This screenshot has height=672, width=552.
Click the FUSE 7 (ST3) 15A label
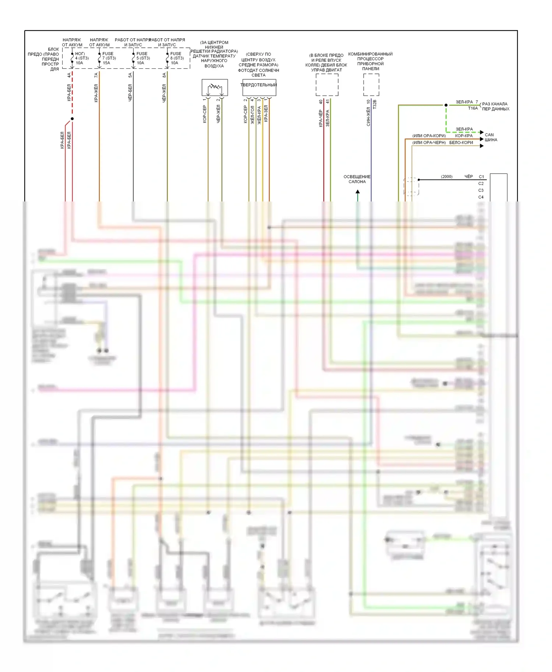click(x=109, y=58)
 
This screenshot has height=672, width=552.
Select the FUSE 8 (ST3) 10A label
click(x=177, y=58)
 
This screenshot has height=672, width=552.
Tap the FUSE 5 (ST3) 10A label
click(x=143, y=58)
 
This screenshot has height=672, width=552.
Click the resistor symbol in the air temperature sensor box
click(x=215, y=87)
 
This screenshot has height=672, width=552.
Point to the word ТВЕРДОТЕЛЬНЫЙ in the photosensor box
click(x=259, y=85)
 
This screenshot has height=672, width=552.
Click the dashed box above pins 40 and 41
click(x=327, y=85)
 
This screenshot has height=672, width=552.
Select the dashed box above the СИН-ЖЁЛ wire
click(x=371, y=85)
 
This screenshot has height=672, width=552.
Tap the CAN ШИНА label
click(x=491, y=137)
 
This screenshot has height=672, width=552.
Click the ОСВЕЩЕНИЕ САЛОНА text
click(x=357, y=179)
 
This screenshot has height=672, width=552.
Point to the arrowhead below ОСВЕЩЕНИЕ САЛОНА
click(x=357, y=192)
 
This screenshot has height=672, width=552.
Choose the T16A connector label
click(x=473, y=108)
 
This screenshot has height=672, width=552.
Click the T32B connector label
click(x=375, y=104)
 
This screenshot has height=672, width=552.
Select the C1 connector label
click(x=481, y=177)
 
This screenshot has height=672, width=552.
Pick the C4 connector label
click(x=481, y=197)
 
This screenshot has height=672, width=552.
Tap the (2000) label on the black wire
click(x=446, y=177)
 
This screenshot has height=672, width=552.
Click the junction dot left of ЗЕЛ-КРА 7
click(x=446, y=105)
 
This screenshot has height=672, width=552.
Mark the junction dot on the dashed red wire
click(x=72, y=119)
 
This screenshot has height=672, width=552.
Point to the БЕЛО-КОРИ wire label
click(x=461, y=143)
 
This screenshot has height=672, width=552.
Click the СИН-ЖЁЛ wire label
click(x=368, y=117)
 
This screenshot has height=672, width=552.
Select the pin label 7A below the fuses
click(x=96, y=75)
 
